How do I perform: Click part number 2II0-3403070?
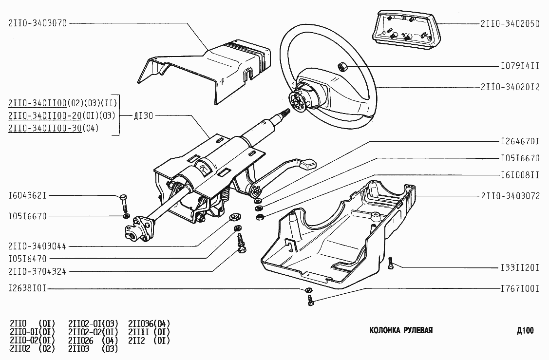pos(38,23)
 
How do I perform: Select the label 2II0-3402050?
pos(510,23)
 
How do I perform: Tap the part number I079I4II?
pos(520,66)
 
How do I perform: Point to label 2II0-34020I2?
pos(510,87)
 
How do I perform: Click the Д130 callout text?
pos(144,115)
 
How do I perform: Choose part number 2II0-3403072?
pos(510,196)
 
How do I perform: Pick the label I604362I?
pos(27,195)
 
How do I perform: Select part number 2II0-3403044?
pos(37,246)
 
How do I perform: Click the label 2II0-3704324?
pos(37,271)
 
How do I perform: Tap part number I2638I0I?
pos(27,288)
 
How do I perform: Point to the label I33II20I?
pos(520,268)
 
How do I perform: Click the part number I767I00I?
pos(520,288)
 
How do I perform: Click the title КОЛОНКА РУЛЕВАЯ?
pos(401,330)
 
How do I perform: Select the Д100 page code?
pos(525,330)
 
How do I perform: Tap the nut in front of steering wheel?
pos(342,66)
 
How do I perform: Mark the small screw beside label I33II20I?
pos(390,263)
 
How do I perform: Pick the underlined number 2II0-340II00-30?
pos(45,128)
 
